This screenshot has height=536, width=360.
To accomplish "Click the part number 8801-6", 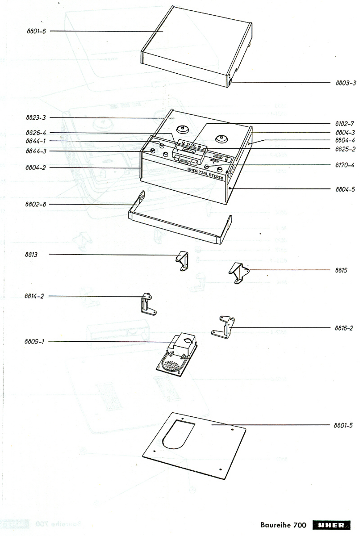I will pos(36,31).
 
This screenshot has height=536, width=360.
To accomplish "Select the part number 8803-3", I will pos(346,83).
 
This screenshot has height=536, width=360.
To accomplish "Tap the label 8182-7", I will pos(345,124).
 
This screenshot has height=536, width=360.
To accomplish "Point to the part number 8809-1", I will pos(34,342).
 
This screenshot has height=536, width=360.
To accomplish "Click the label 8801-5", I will pos(343,425).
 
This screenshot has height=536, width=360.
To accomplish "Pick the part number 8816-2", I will pos(344,328).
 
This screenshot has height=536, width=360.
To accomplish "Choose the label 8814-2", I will pos(34,296).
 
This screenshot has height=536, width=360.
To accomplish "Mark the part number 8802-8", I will pos(36,204).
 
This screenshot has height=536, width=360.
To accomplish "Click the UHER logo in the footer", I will pos(331,525).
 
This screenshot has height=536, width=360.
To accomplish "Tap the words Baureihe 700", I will pos(283,525).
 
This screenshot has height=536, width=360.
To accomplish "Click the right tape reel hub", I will pos(221,138).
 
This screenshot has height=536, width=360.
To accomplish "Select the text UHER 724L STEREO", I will pos(205,173).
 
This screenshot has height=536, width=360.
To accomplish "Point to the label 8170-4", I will pos(345,165).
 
